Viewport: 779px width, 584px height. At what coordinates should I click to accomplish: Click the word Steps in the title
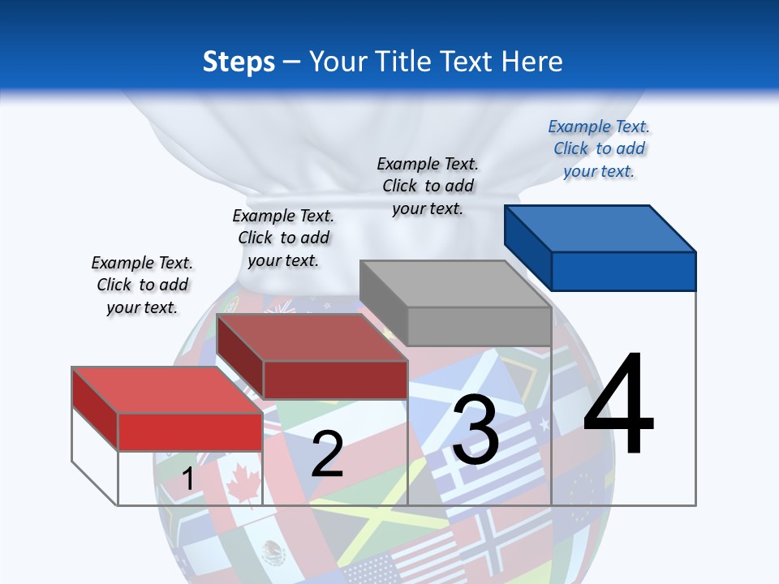238,62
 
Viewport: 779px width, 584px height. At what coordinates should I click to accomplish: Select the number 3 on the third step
475,430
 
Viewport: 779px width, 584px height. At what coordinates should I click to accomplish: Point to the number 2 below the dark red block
327,453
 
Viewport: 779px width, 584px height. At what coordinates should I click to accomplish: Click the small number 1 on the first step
188,479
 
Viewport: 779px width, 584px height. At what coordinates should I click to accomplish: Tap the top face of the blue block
599,228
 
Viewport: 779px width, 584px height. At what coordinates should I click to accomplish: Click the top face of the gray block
454,284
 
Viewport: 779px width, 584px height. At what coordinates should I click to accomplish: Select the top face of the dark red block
312,337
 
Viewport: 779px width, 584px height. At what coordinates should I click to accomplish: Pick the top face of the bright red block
167,390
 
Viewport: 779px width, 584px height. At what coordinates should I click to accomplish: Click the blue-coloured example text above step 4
599,148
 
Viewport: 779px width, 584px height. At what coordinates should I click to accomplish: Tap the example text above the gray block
428,186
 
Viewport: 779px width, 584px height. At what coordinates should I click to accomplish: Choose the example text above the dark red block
283,238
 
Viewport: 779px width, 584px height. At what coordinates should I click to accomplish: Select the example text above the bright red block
142,285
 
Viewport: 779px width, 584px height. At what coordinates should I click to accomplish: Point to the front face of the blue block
623,271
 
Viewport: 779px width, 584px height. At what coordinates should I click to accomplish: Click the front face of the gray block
479,327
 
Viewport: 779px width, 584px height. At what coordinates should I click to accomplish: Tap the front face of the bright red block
191,432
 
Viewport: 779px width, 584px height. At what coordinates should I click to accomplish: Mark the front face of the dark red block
335,380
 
